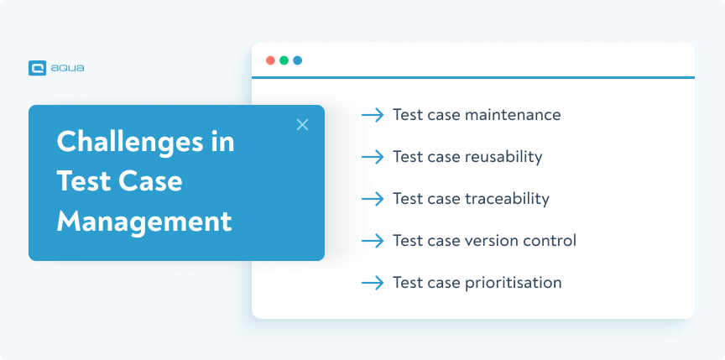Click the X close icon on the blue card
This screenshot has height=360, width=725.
point(303,125)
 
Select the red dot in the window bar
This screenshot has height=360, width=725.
point(270,60)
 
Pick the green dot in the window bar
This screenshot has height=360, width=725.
point(284,60)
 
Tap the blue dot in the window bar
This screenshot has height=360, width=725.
point(297,60)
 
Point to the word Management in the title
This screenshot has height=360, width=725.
point(144,222)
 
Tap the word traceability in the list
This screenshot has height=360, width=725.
point(507,199)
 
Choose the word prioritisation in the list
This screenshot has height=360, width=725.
point(513,283)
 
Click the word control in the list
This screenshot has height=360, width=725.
point(550,241)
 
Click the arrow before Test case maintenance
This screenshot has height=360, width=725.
point(373,115)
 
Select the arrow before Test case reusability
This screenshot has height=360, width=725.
point(373,157)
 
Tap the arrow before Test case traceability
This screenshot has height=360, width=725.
point(373,199)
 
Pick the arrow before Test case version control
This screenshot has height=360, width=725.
point(373,241)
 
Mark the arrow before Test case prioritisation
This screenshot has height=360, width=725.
point(373,283)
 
